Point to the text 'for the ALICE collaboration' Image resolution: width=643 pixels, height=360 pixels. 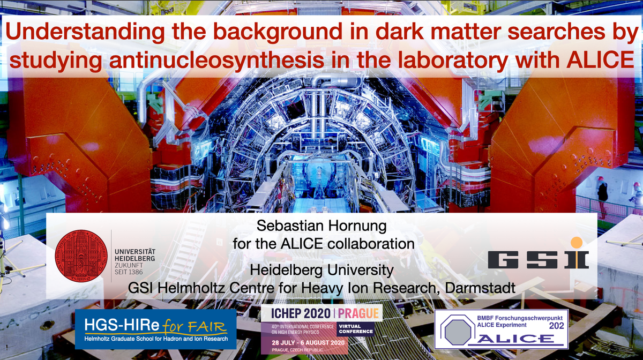click(324, 243)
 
